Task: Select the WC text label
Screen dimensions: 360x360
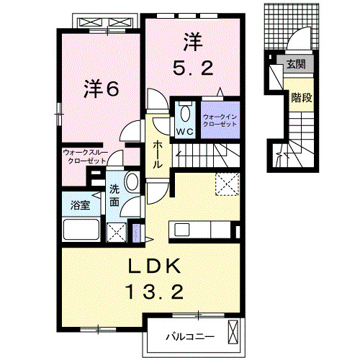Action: (x=184, y=132)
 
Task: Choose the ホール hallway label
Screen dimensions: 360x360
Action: (x=157, y=155)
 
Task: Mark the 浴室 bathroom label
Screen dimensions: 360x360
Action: (x=81, y=205)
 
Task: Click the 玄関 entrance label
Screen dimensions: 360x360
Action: (x=296, y=66)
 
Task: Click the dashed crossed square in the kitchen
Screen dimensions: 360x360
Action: (x=228, y=184)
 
